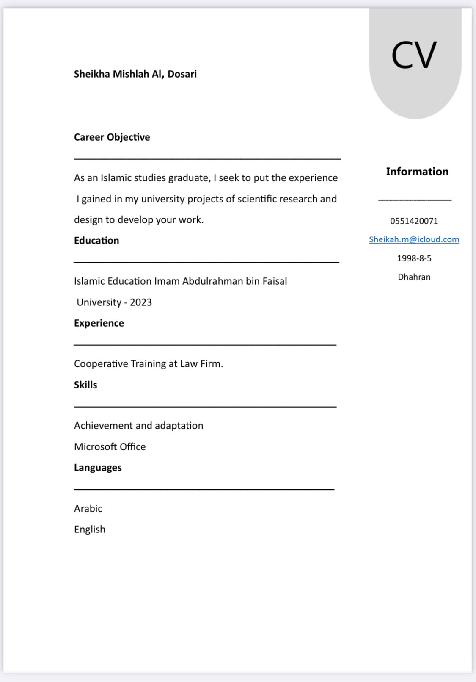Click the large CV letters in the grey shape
coord(414,55)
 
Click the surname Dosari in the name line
coord(182,74)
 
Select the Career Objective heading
coord(112,137)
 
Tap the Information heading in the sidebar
coord(417,172)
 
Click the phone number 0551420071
coord(414,221)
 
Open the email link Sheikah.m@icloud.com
coord(414,239)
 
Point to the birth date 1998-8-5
coord(414,258)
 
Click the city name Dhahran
coord(414,277)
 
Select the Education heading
coord(96,241)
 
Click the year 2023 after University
coord(141,302)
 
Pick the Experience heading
coord(99,323)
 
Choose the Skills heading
coord(85,385)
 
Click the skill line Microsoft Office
coord(110,447)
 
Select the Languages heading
coord(98,468)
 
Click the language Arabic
coord(88,509)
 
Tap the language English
coord(89,530)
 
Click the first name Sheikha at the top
coord(92,74)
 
